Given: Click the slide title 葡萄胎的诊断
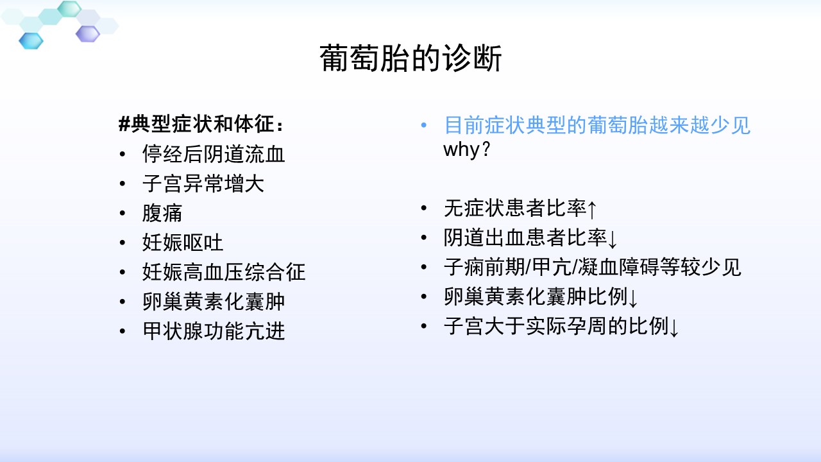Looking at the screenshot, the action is tap(410, 58).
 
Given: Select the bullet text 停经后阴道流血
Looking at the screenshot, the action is tap(214, 153).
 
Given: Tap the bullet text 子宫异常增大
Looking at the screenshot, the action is tap(203, 184).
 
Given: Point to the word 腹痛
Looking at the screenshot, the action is tap(162, 213).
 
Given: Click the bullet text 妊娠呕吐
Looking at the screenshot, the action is tap(183, 243).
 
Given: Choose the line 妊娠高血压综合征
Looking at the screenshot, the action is tap(224, 272).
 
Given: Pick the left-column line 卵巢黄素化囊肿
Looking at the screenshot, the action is tap(214, 302).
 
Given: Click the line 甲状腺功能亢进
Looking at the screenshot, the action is tap(214, 331).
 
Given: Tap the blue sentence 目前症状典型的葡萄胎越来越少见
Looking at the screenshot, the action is tap(597, 125).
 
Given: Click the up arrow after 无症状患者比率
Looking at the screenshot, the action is tap(592, 209).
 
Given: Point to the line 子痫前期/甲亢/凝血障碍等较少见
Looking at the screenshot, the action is tap(593, 267).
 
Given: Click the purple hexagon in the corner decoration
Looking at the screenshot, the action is tap(88, 34).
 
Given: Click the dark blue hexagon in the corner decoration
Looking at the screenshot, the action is tap(31, 40).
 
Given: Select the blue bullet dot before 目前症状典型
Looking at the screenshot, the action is tap(424, 125).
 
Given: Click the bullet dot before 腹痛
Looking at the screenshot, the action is tap(123, 213).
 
